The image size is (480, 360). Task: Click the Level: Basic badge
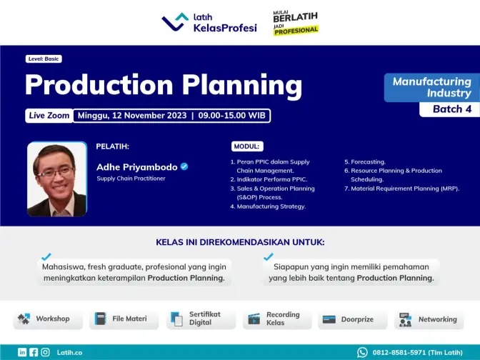coord(44,59)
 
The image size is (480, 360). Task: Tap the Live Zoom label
coord(49,116)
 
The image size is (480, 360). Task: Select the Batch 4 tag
coord(450,109)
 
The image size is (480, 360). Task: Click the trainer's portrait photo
coord(57,179)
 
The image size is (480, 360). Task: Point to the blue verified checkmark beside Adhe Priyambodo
coord(184,166)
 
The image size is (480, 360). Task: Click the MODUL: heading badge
coord(247,146)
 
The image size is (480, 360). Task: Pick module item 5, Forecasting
coord(365,161)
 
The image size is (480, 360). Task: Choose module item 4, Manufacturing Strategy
coord(268,206)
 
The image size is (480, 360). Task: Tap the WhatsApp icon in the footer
coord(362,352)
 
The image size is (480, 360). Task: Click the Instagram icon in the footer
coord(45,352)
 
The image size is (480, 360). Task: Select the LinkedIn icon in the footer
coord(22,352)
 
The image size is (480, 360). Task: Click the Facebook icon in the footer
coord(34,352)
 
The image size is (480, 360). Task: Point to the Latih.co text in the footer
coord(69,353)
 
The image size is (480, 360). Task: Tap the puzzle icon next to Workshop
coord(24,319)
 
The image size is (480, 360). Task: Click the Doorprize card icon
coord(329,319)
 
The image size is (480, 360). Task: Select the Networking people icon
coord(405,319)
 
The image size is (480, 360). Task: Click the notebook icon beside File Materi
coord(100,319)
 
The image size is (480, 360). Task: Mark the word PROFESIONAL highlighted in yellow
coord(296,31)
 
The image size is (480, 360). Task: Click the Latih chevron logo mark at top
coord(175,21)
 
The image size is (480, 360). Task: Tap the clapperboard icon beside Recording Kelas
coord(254,319)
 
